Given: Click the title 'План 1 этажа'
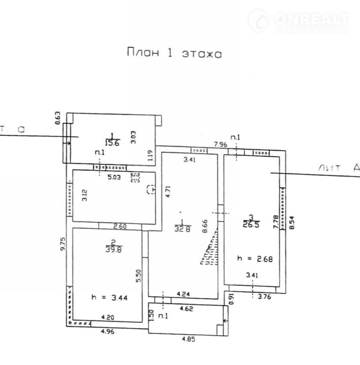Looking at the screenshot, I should point(174,53).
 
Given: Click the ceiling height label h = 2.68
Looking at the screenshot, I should point(255,259).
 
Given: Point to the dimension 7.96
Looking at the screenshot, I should point(220,144).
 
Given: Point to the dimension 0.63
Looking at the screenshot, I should point(57,118).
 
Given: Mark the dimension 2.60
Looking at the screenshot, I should point(120,227).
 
